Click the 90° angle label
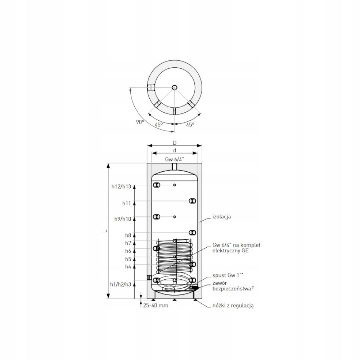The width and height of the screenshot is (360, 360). click(x=140, y=122)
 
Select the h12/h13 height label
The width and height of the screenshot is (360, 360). click(x=121, y=186)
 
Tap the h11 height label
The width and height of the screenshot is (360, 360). click(x=126, y=203)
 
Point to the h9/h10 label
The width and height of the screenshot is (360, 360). click(x=123, y=219)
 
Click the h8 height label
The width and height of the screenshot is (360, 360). click(x=128, y=235)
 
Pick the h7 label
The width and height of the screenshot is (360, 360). click(x=128, y=243)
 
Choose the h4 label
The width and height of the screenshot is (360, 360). click(x=128, y=266)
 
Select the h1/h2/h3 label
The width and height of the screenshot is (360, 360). click(x=121, y=284)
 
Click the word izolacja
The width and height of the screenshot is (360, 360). click(x=221, y=217)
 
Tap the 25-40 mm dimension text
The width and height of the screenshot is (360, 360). click(x=156, y=305)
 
